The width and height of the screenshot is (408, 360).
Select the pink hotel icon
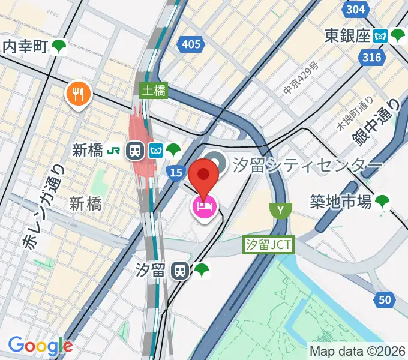tap(204, 207)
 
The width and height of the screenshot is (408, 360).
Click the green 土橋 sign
tap(154, 91)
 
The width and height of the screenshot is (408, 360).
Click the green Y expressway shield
tap(280, 210)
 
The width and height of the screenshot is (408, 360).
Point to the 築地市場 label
tap(340, 202)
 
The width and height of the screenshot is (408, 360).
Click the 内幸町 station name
tap(25, 46)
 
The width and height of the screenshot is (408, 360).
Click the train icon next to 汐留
tap(179, 271)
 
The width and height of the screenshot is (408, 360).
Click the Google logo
tap(41, 346)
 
